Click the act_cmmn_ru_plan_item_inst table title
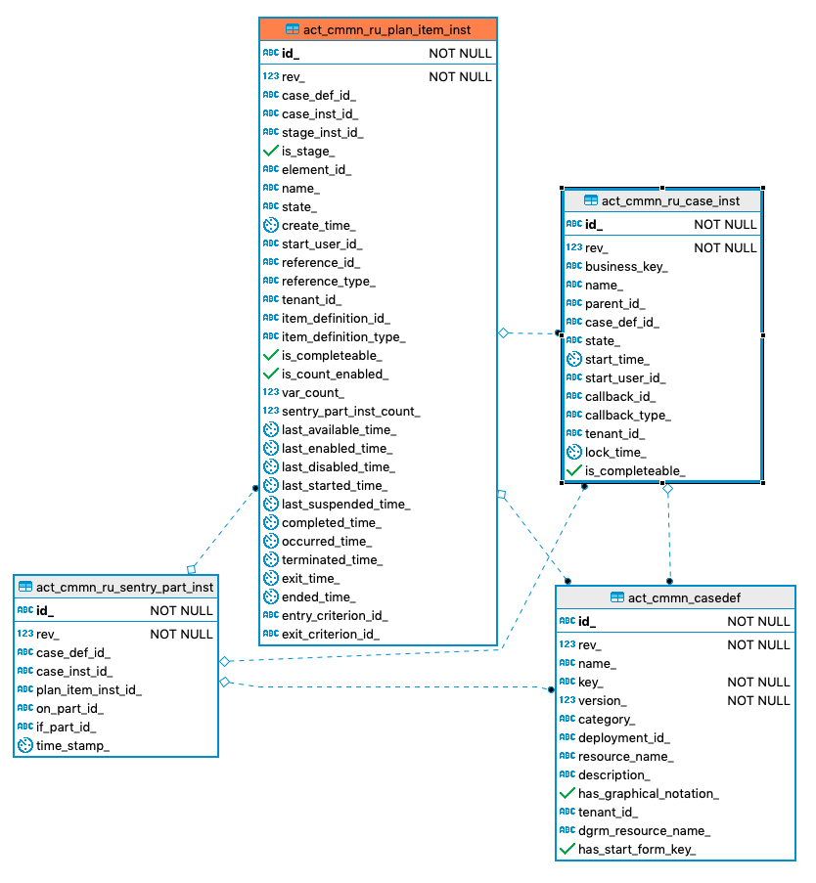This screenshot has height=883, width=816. [386, 30]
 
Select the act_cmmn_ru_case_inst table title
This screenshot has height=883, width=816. [670, 201]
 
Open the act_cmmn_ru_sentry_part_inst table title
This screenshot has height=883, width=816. [124, 587]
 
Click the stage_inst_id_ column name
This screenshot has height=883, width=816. [323, 133]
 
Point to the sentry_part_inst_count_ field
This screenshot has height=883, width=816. [351, 412]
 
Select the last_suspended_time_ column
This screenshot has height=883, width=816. [346, 505]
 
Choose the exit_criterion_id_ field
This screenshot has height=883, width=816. [331, 635]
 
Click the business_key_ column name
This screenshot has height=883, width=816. [626, 267]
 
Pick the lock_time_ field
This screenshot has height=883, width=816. [615, 453]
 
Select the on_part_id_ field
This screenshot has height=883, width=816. [69, 709]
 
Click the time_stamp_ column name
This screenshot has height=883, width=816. [73, 746]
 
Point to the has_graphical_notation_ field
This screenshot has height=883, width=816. [649, 794]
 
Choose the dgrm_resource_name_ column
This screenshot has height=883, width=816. [644, 831]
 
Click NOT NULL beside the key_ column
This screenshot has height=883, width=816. [758, 683]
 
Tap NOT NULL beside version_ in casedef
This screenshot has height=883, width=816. [758, 701]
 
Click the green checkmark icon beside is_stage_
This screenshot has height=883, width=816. [271, 152]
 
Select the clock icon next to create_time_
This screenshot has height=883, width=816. [271, 226]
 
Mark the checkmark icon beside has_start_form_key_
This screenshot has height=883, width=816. [567, 850]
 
